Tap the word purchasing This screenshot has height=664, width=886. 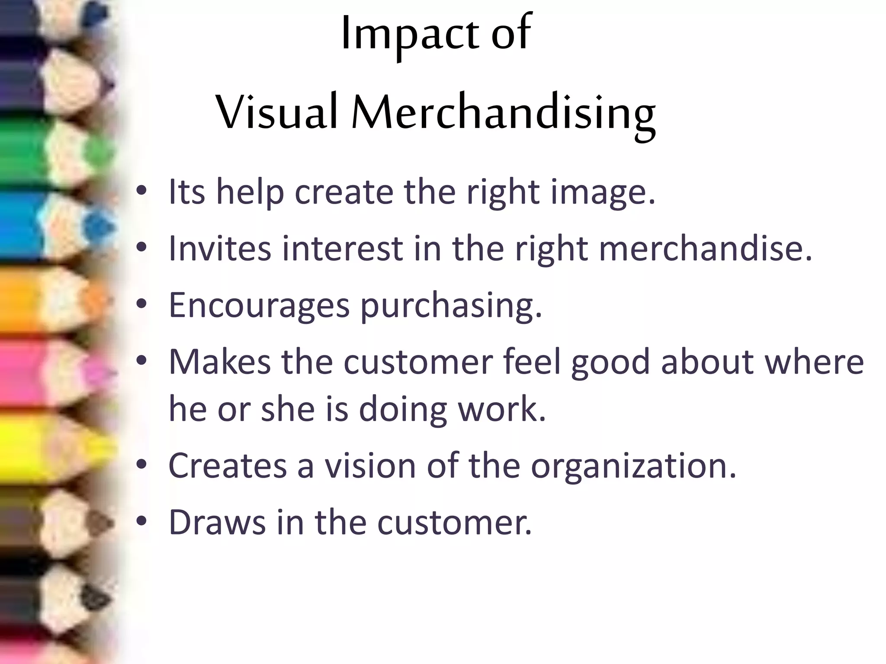pos(451,306)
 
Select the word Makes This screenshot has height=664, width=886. pos(220,362)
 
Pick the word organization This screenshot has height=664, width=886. pos(633,466)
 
